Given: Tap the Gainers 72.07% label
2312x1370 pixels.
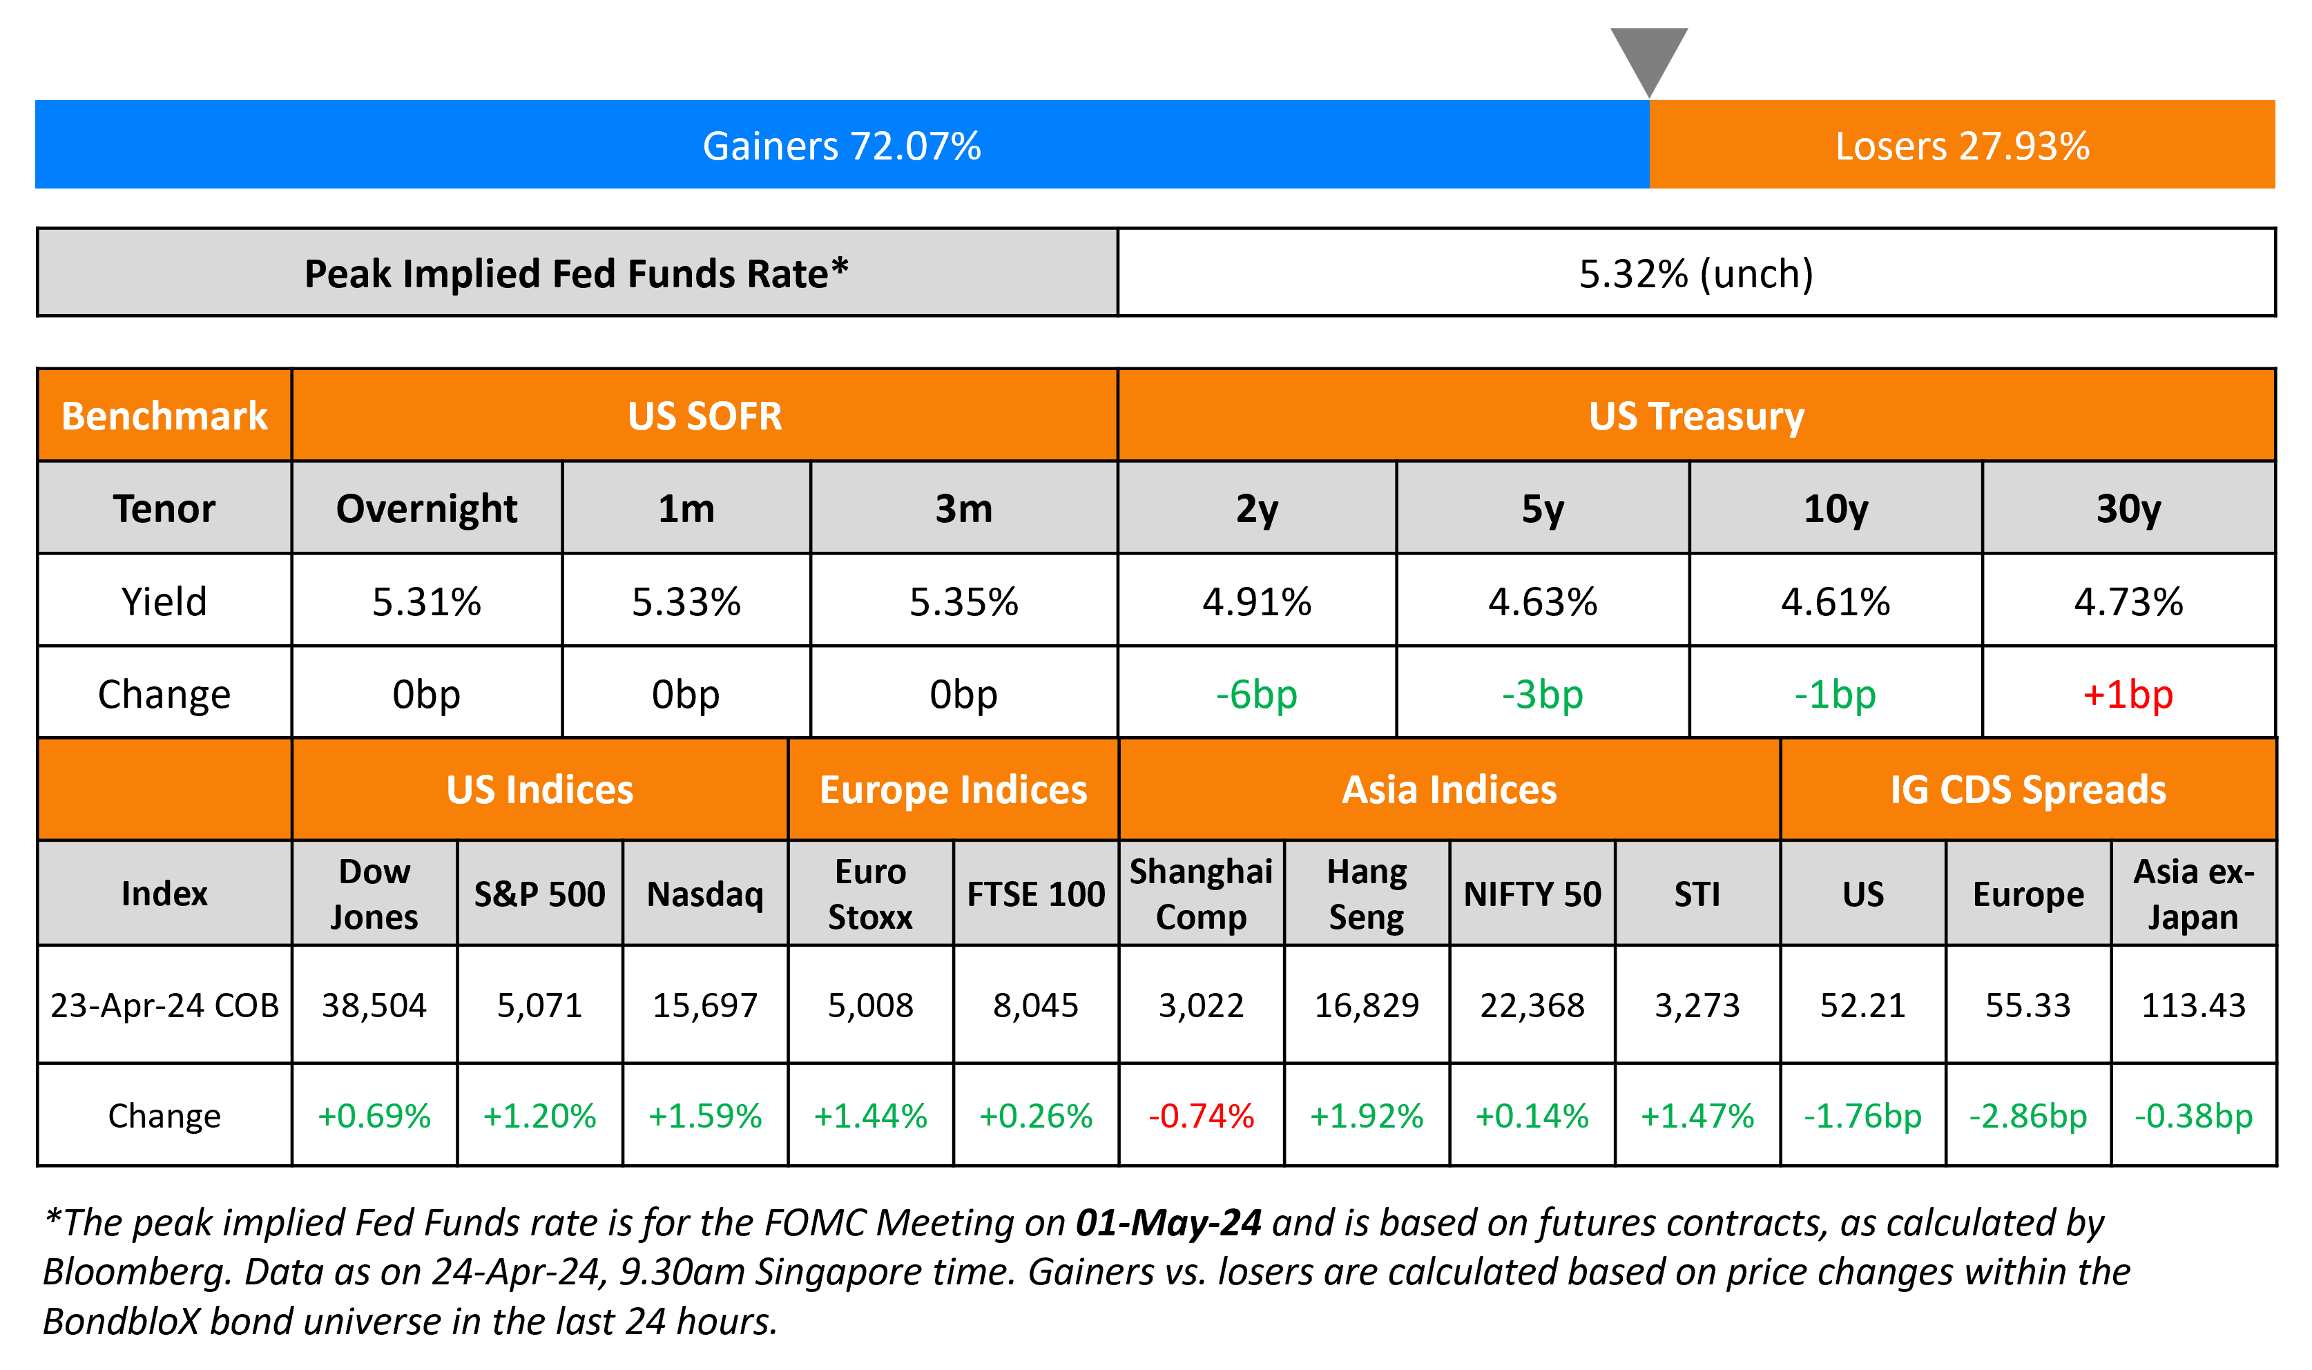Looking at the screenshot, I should point(841,146).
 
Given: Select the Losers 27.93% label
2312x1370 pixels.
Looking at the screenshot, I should point(1961,146).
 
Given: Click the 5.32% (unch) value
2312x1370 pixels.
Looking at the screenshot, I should point(1695,273).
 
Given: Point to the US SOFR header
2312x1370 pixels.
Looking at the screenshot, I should point(704,416).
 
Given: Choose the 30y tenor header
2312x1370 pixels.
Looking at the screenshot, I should point(2128,509).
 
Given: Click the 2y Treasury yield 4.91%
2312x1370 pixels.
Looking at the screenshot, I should point(1256,602).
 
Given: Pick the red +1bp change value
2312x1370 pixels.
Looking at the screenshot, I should point(2128,694).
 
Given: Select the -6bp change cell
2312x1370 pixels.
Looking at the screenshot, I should point(1256,694).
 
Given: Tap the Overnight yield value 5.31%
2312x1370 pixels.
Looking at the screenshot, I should point(426,602).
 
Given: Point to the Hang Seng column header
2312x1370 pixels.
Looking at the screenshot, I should point(1366,894).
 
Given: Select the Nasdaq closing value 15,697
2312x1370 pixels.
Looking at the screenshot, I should point(705,1005).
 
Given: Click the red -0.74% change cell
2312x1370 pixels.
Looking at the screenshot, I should point(1201,1116).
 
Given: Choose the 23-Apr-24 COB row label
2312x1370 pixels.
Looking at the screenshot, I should point(164,1005).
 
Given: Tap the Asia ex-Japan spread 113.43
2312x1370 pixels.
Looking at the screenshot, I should point(2193,1005).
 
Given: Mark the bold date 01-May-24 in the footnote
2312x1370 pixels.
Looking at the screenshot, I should point(1168,1222).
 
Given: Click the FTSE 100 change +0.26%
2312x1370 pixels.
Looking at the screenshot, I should point(1036,1116).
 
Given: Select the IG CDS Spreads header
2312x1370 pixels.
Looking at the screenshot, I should point(2027,790).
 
